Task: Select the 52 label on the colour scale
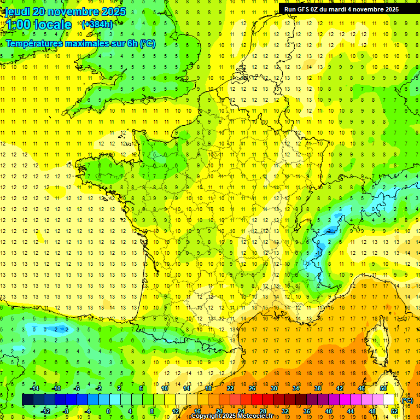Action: (394, 411)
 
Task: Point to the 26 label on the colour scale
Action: (252, 388)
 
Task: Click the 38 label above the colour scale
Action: (318, 388)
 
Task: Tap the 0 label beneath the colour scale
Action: (108, 411)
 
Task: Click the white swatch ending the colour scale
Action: (389, 400)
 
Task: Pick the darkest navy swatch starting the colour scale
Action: (27, 400)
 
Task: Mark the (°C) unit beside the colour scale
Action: (407, 400)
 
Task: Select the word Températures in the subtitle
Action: (32, 43)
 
